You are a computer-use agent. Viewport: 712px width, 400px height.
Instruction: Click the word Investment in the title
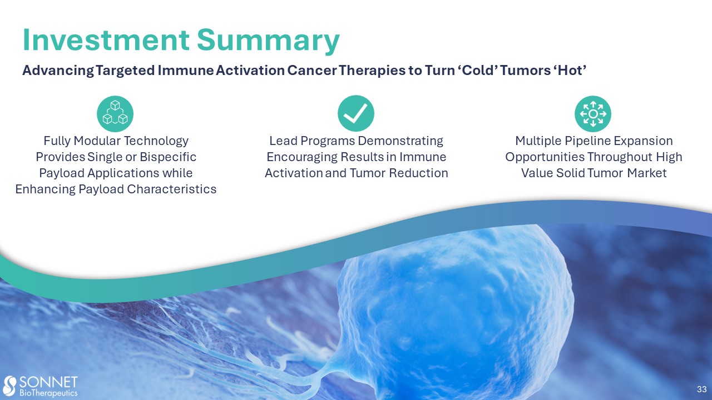[106, 41]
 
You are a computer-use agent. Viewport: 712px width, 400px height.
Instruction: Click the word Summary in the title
[268, 41]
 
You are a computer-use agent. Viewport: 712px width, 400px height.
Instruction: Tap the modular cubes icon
[115, 114]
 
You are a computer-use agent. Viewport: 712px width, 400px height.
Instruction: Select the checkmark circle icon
[355, 113]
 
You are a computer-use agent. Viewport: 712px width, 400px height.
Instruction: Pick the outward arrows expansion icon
[593, 114]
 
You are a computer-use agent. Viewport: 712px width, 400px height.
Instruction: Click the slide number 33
[702, 389]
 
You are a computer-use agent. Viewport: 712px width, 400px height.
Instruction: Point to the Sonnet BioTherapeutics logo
[41, 386]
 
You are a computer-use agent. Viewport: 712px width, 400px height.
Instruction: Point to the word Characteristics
[172, 189]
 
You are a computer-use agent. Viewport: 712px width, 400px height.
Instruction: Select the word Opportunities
[545, 157]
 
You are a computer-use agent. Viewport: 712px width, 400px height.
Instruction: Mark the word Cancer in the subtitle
[312, 71]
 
